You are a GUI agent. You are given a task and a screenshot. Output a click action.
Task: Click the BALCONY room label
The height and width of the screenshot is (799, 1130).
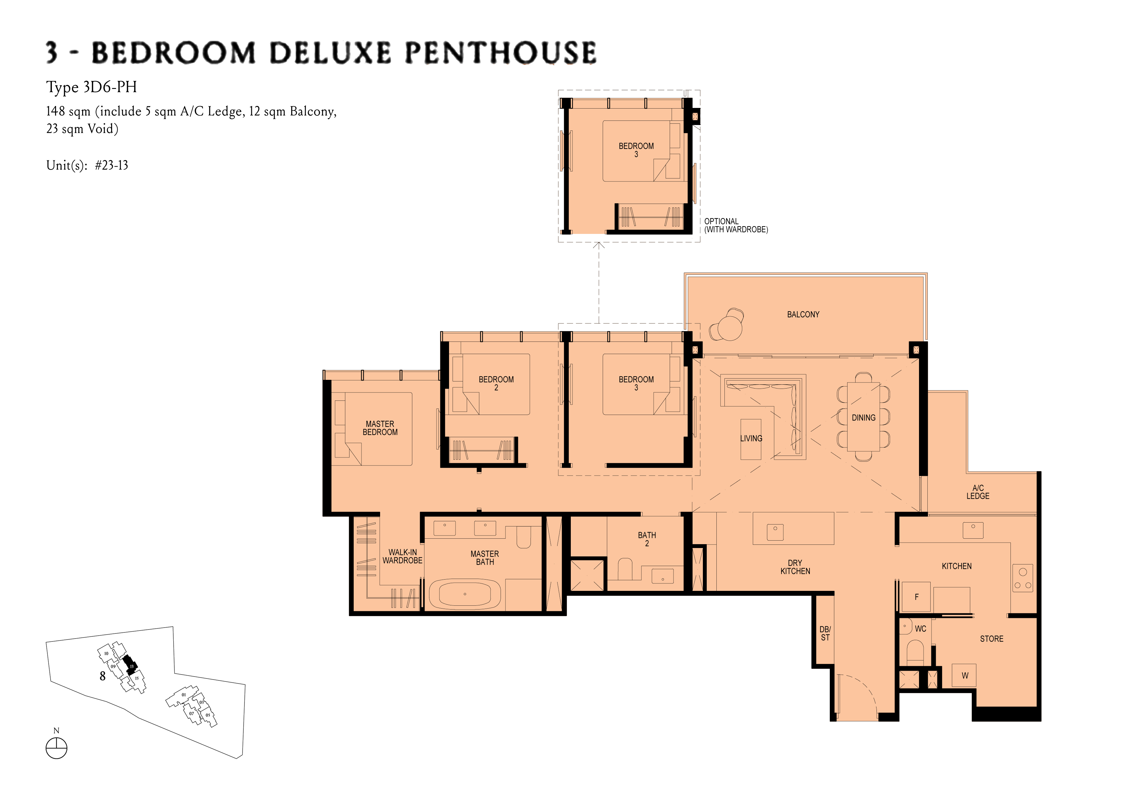click(803, 314)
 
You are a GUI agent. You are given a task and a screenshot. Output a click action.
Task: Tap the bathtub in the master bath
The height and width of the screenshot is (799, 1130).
click(464, 594)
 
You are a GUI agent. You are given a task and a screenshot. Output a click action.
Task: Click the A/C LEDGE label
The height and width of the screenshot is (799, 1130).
click(977, 492)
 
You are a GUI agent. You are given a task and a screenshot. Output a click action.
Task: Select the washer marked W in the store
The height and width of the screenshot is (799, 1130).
click(965, 675)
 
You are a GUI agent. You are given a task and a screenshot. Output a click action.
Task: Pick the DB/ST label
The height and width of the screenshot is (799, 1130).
click(825, 633)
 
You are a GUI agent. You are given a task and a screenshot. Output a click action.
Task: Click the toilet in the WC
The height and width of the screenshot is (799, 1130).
click(915, 650)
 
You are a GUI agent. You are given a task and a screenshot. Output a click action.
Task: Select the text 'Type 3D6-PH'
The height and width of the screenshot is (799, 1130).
click(91, 87)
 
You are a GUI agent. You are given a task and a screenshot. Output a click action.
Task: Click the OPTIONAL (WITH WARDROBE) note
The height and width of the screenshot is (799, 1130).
click(736, 226)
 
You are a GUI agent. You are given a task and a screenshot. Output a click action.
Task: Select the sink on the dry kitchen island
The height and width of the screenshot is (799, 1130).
click(775, 532)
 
